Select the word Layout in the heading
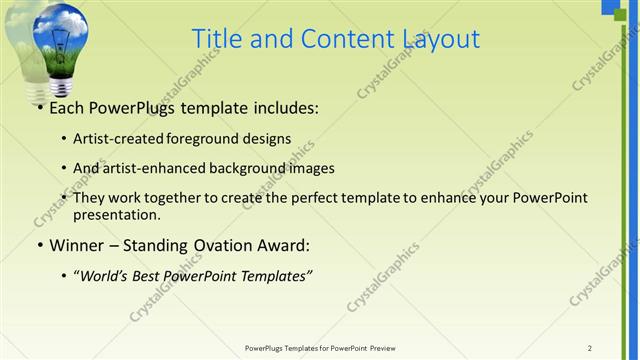(434, 39)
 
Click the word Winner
(78, 245)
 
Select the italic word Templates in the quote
(275, 275)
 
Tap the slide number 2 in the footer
(589, 347)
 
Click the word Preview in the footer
(381, 347)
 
